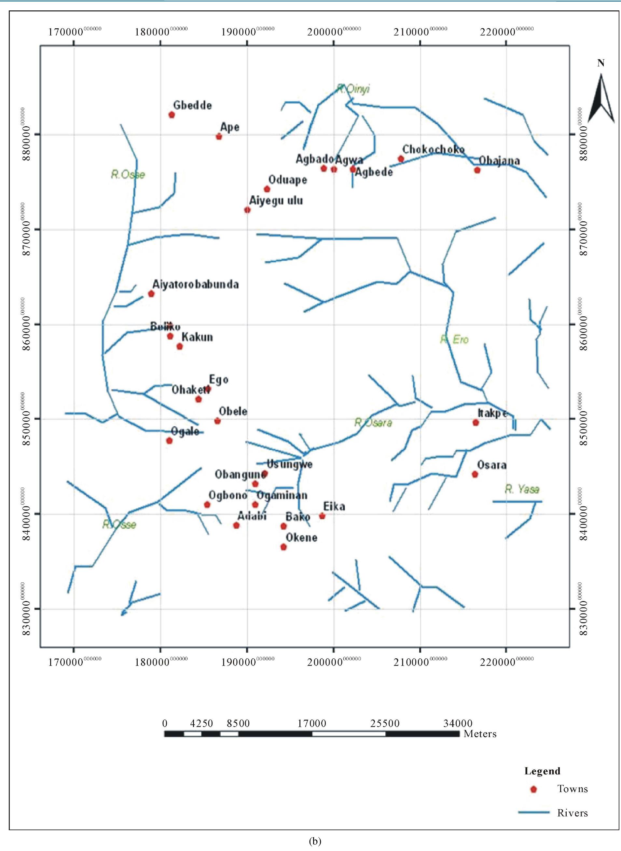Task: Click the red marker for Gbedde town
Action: point(172,115)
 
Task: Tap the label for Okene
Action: point(301,537)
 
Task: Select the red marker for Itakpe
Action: point(476,422)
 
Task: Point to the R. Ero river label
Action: point(454,339)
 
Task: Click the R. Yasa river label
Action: point(522,489)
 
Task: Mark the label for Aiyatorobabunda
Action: point(196,284)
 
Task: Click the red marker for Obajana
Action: point(477,170)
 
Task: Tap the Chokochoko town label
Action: point(433,149)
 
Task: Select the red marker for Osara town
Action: point(475,474)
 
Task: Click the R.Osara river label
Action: point(373,422)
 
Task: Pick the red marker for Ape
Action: point(219,136)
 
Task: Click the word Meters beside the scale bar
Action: point(480,734)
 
